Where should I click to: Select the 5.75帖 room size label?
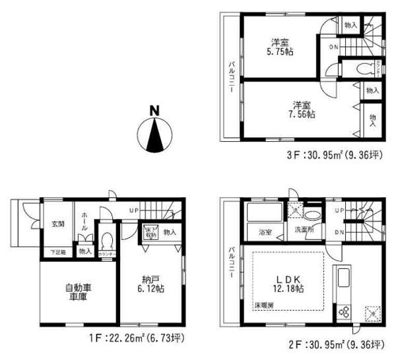[x=280, y=46]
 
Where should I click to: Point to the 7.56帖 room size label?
[x=302, y=109]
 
